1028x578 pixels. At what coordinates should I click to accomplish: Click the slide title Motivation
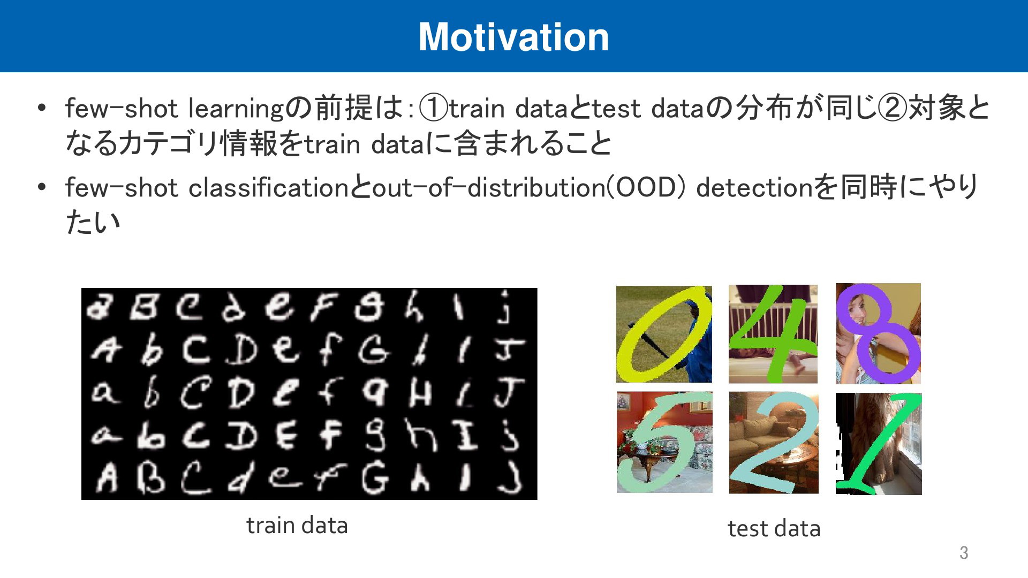pos(513,37)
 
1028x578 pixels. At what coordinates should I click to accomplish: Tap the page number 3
pos(964,552)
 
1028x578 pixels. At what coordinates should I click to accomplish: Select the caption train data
pos(297,525)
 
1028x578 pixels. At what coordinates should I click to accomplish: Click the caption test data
pos(774,528)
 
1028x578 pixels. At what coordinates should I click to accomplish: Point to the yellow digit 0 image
pos(664,334)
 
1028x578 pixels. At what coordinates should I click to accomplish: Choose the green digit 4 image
pos(773,334)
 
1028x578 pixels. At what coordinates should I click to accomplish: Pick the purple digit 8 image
pos(879,333)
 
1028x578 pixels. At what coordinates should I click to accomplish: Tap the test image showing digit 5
pos(664,442)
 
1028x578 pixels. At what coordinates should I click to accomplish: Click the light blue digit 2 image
pos(774,443)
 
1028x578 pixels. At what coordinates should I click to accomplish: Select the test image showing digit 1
pos(879,444)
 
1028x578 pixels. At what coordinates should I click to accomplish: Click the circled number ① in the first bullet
pos(434,108)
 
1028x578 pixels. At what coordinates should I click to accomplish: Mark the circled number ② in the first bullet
pos(893,108)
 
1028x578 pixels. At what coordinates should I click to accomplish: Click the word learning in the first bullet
pos(236,109)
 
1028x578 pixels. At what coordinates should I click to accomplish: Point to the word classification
pos(269,187)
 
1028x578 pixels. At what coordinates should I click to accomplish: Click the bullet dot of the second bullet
pos(42,187)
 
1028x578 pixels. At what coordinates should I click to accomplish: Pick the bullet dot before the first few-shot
pos(42,108)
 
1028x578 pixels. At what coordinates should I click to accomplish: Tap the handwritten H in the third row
pos(420,394)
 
